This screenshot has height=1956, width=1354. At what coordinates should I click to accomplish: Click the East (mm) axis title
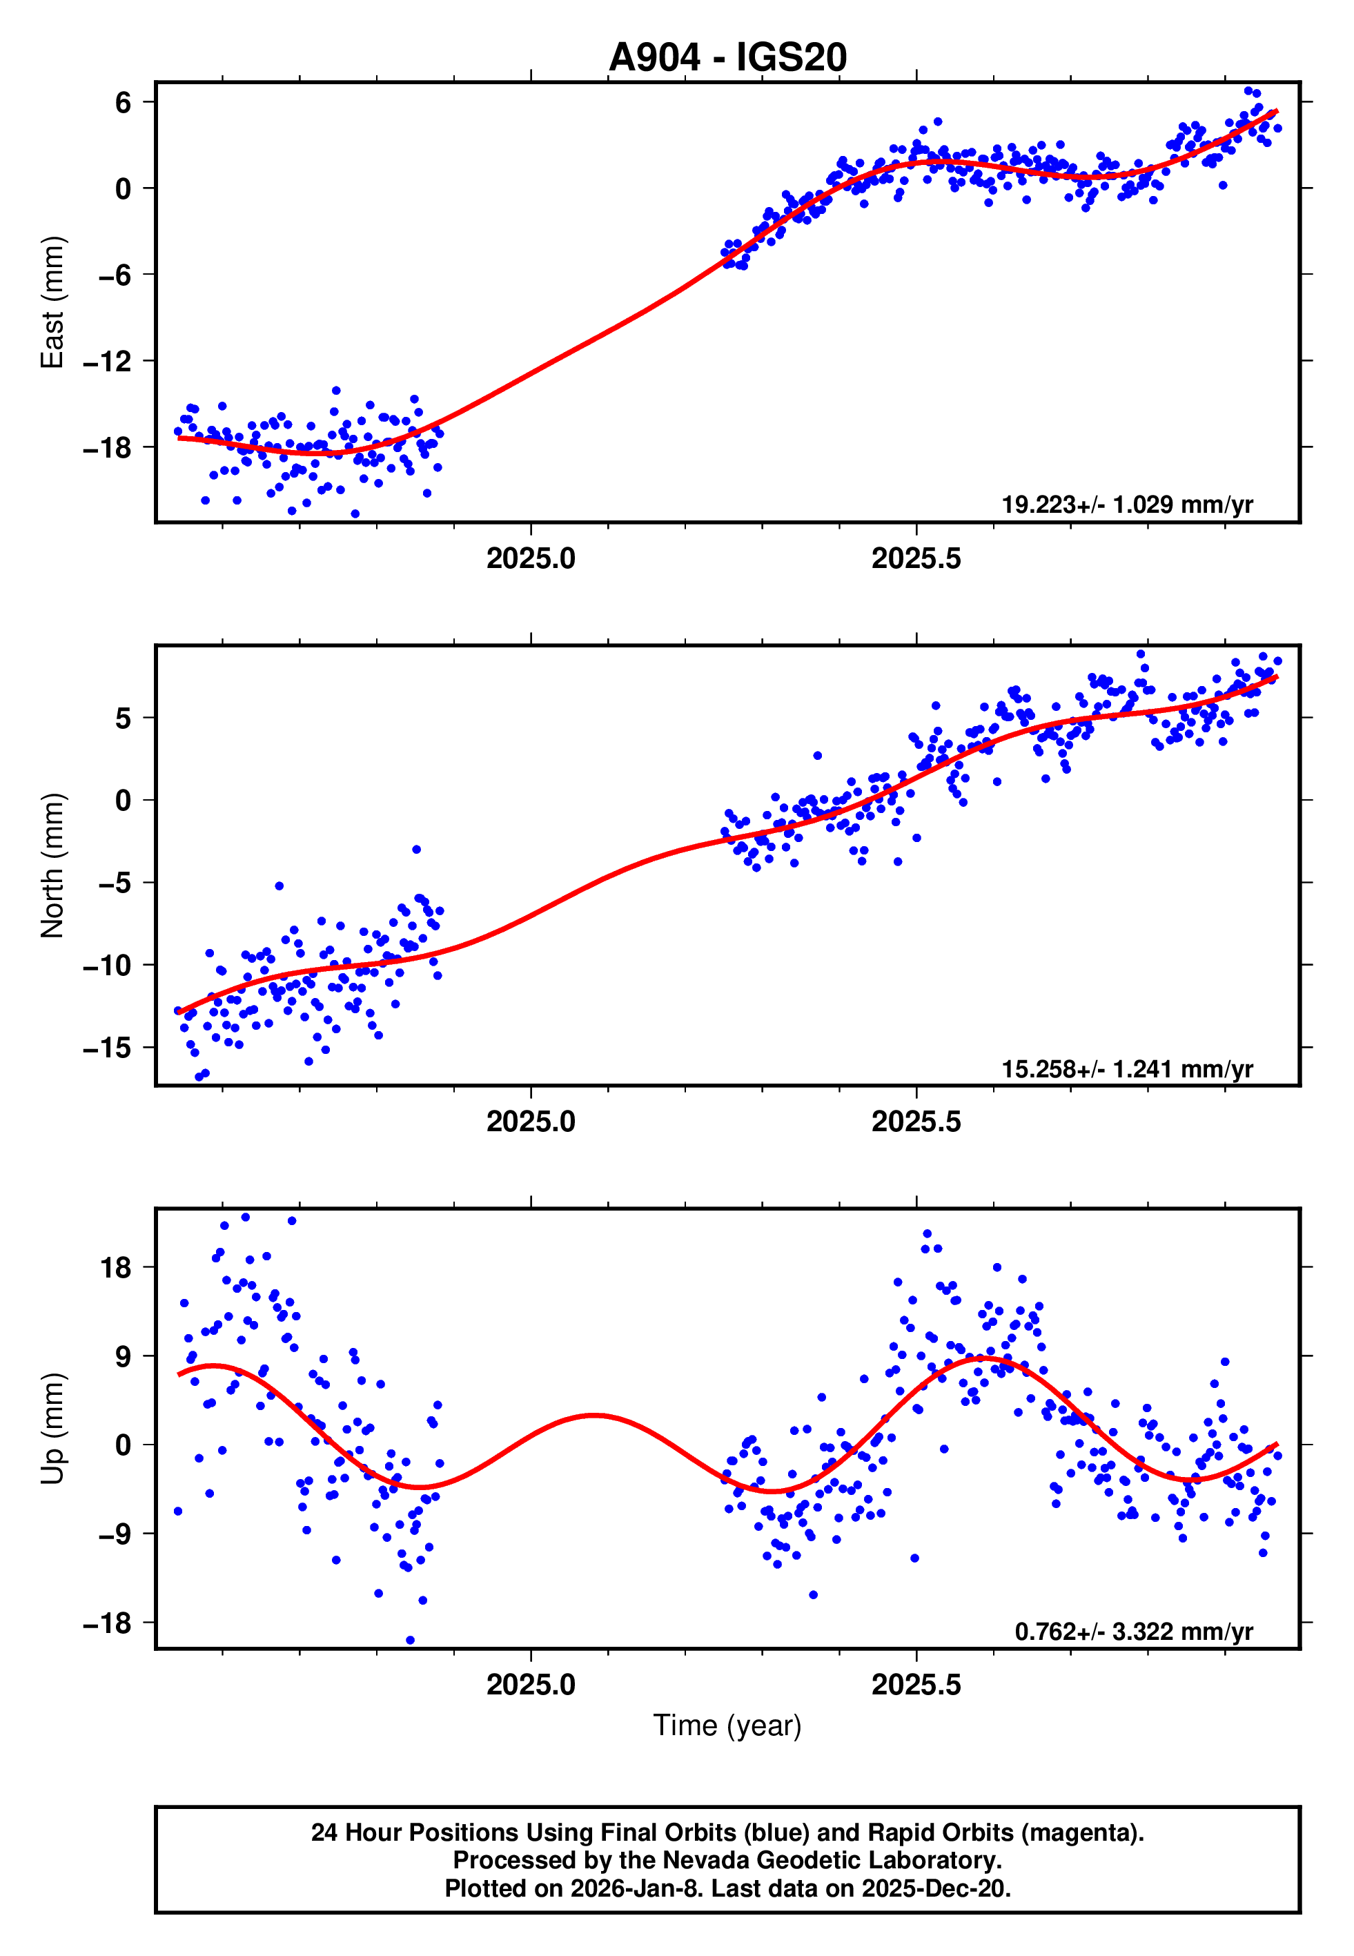(52, 302)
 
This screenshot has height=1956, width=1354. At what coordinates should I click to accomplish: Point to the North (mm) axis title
(52, 865)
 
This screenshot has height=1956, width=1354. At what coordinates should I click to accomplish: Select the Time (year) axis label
(727, 1725)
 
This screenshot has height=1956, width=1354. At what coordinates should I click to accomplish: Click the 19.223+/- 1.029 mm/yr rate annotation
(1127, 505)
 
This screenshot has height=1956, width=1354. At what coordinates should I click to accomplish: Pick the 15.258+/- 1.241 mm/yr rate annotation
(1127, 1068)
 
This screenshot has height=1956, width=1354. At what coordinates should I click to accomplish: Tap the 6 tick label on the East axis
(124, 103)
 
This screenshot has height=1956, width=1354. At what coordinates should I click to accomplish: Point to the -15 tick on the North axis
(107, 1048)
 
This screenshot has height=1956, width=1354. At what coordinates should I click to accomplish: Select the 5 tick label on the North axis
(124, 718)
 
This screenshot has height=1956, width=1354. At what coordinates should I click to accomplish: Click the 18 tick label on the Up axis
(115, 1268)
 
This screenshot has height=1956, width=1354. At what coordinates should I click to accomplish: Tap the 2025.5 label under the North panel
(916, 1122)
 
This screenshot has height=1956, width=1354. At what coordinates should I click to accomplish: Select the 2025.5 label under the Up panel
(916, 1684)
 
